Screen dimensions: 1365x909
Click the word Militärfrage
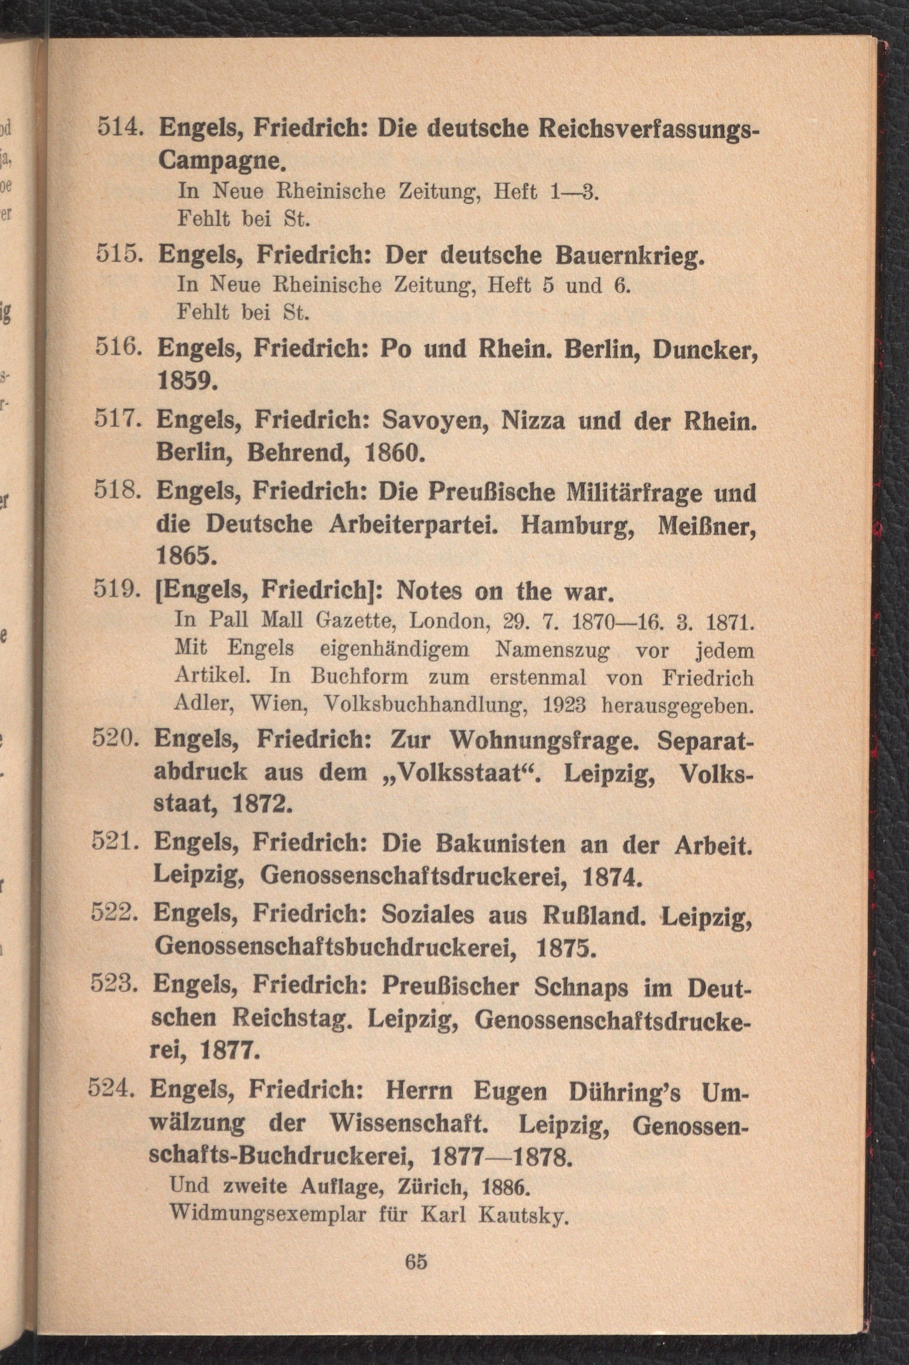[x=605, y=493]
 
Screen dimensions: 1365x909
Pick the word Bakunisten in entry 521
[x=500, y=845]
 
